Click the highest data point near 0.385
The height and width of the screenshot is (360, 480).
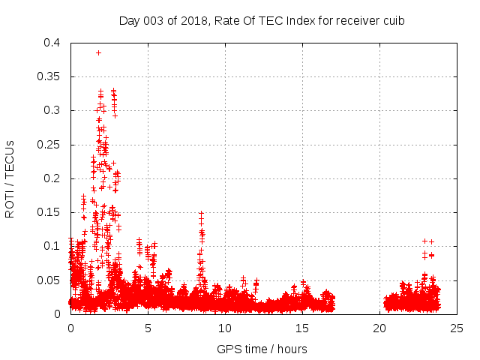(x=98, y=52)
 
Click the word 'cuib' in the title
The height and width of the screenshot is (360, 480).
(x=394, y=21)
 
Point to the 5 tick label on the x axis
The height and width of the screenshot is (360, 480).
(x=148, y=328)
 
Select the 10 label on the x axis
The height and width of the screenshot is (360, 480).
(x=225, y=328)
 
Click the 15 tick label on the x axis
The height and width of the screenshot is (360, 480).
(x=302, y=328)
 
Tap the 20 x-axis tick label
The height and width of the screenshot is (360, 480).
(x=379, y=328)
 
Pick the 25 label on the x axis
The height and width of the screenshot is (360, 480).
(x=457, y=328)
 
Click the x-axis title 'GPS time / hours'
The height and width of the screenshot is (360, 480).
(x=262, y=349)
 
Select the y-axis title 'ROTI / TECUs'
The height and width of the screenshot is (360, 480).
(x=10, y=178)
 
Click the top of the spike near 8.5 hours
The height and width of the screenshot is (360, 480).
(x=201, y=214)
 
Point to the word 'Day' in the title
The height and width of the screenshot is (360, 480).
(x=129, y=21)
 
